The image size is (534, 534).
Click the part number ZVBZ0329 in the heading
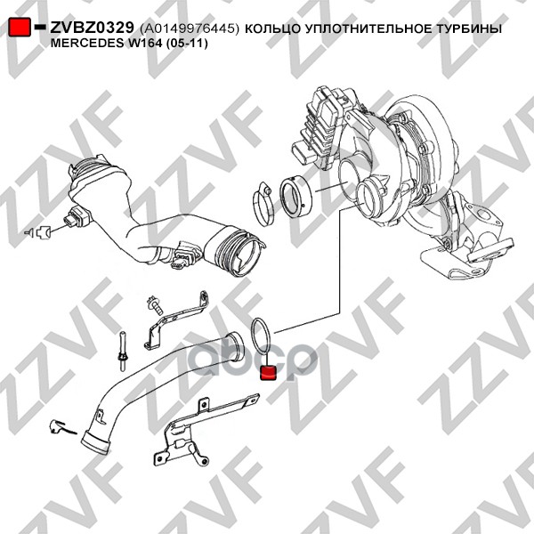pyautogui.click(x=92, y=28)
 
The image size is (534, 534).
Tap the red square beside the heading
pyautogui.click(x=20, y=28)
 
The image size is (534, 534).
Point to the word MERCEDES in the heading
pyautogui.click(x=85, y=44)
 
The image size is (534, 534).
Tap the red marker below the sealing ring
pyautogui.click(x=269, y=372)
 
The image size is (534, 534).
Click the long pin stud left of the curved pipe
pyautogui.click(x=122, y=350)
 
